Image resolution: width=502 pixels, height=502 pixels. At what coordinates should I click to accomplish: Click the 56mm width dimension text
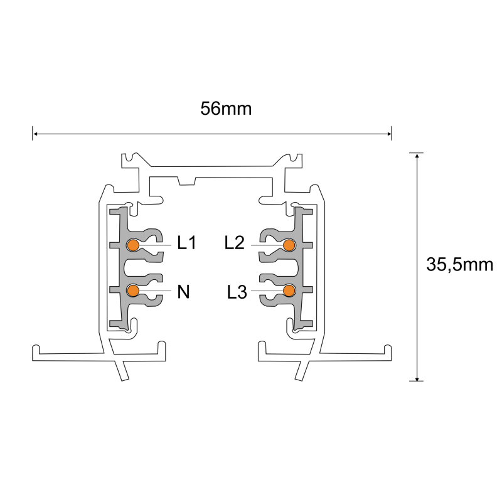click(x=226, y=109)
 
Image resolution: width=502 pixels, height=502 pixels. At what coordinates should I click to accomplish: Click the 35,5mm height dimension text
click(x=459, y=265)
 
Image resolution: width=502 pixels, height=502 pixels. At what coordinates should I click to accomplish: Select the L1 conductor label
click(x=186, y=243)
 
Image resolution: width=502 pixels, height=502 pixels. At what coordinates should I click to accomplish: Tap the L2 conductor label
click(x=234, y=243)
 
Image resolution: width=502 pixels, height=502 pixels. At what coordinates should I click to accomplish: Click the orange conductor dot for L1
click(x=133, y=245)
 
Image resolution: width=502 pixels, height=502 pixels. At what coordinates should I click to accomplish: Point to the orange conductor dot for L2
click(x=289, y=245)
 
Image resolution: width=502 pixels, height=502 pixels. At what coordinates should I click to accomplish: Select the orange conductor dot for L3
click(x=289, y=290)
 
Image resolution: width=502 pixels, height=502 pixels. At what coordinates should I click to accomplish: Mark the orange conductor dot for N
click(x=133, y=290)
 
